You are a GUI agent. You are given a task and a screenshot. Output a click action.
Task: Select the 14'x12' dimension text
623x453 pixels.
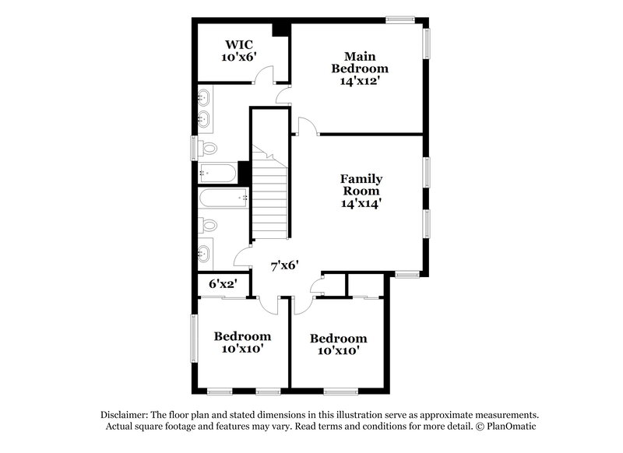(x=360, y=81)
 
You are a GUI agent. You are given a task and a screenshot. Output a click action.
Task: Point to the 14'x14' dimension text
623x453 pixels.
(x=361, y=204)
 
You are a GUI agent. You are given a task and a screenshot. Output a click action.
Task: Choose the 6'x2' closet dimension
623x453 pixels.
(x=222, y=285)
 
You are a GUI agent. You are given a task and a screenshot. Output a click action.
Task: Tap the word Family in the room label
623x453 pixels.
(x=361, y=178)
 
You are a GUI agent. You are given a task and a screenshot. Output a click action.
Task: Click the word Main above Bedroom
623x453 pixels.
(x=361, y=55)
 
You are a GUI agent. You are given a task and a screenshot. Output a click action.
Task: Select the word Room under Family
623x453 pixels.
(x=361, y=191)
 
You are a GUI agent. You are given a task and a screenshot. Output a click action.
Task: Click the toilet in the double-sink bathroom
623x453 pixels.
(x=208, y=148)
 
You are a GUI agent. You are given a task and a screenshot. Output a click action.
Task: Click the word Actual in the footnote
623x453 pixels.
(x=124, y=427)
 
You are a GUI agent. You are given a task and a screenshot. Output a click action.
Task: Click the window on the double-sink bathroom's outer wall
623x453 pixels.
(x=195, y=147)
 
